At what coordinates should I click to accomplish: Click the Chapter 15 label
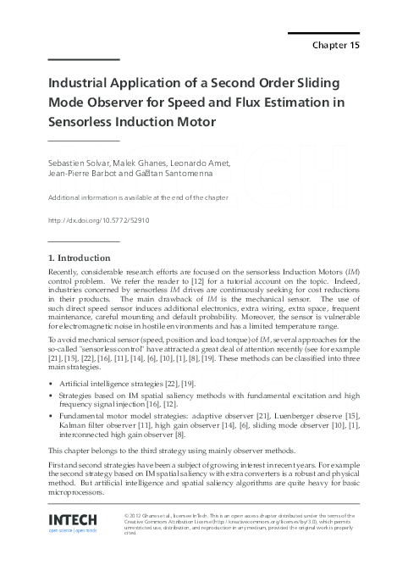pos(336,45)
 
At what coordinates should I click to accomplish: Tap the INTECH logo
pos(73,519)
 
